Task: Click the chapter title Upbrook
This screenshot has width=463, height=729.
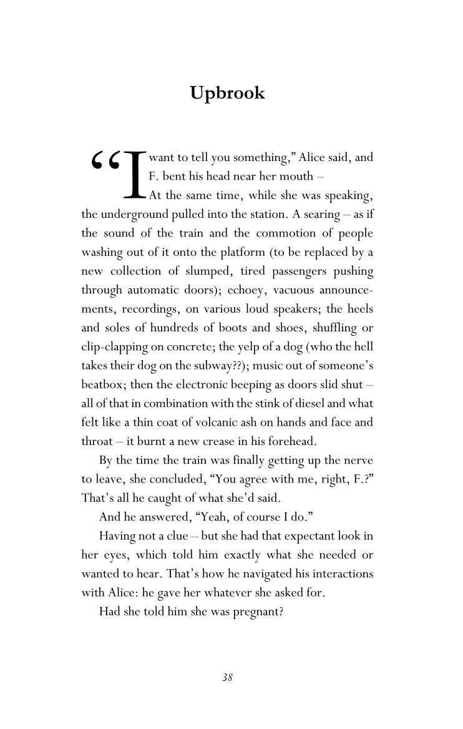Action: coord(227,93)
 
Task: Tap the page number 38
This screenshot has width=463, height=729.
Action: coord(227,678)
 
